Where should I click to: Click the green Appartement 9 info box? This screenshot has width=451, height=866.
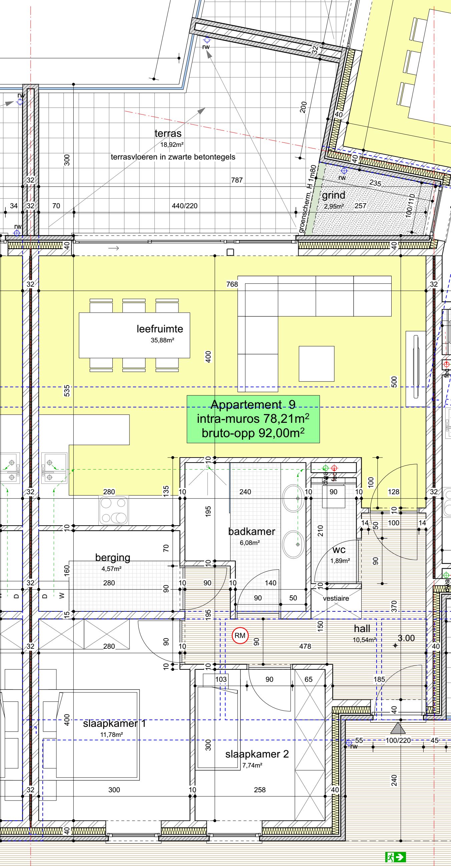click(253, 419)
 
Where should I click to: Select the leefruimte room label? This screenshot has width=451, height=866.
click(160, 329)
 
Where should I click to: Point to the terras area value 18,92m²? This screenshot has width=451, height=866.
click(172, 145)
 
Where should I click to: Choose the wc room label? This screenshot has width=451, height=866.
click(339, 550)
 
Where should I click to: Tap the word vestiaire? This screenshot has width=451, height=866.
click(336, 598)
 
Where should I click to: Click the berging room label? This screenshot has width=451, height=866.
click(112, 558)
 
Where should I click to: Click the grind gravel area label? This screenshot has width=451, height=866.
click(333, 195)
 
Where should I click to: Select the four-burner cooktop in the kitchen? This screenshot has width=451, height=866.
click(114, 510)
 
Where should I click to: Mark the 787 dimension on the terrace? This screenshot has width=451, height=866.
click(237, 180)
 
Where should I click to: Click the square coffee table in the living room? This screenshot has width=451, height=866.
click(317, 364)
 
